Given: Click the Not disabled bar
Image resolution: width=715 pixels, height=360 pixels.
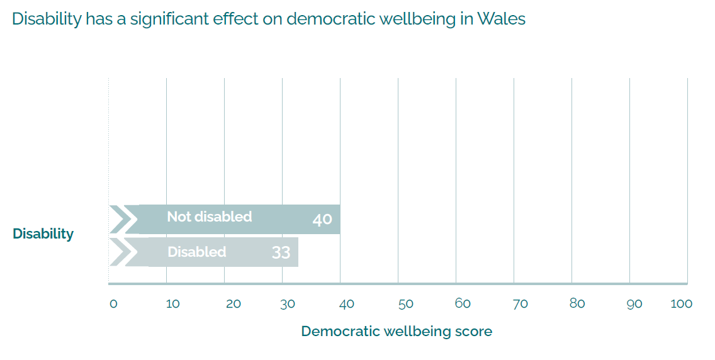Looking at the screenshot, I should [x=277, y=220].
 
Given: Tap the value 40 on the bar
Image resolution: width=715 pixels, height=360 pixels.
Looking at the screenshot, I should [x=322, y=220].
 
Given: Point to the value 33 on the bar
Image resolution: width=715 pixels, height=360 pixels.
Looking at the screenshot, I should [x=281, y=252].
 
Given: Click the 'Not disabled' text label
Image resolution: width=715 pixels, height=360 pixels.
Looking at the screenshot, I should [x=209, y=217].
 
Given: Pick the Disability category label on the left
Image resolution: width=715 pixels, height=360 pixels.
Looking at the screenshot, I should [x=43, y=233].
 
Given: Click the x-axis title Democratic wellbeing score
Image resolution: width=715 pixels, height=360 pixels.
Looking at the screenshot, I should [x=397, y=331].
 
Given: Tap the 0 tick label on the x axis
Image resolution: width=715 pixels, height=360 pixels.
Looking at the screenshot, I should [x=113, y=304].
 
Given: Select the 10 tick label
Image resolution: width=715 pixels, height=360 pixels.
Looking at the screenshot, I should [x=172, y=304].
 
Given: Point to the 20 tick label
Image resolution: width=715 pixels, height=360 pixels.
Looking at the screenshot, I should [x=233, y=304].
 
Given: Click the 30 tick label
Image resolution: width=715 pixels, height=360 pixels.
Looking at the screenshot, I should [x=287, y=304].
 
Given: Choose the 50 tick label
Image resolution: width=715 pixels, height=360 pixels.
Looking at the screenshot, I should [x=405, y=304].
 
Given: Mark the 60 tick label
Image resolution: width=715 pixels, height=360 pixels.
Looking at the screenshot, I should [x=463, y=303].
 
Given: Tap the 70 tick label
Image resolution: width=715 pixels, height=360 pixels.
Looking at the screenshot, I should [x=520, y=304].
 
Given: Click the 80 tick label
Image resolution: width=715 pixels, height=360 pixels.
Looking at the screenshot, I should [x=577, y=303].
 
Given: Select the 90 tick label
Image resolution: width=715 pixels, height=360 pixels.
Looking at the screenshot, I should [x=634, y=304].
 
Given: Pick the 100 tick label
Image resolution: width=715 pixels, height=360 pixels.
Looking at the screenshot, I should [x=681, y=304].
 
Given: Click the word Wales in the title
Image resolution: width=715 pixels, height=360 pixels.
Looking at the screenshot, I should [x=501, y=19].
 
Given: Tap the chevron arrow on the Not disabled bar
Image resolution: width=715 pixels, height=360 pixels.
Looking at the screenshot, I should [x=123, y=220].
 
